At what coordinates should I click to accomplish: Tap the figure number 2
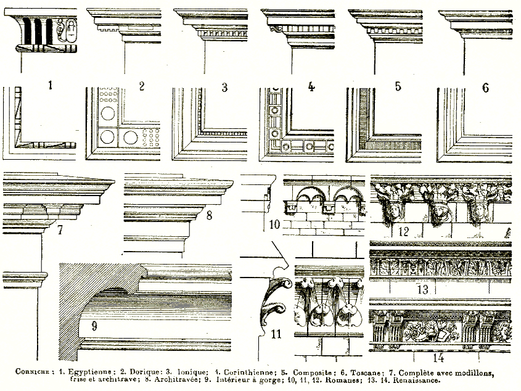point(141,86)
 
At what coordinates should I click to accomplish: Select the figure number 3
point(224,87)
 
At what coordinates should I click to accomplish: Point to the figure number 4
point(311,86)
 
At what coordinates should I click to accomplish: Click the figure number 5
point(398,86)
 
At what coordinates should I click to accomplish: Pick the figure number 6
point(485,87)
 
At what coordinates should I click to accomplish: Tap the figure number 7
point(60,231)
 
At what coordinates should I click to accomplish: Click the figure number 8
point(209,215)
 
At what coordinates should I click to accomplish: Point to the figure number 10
point(274,223)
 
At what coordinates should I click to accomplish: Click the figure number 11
point(276,334)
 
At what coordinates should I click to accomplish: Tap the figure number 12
point(404,231)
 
